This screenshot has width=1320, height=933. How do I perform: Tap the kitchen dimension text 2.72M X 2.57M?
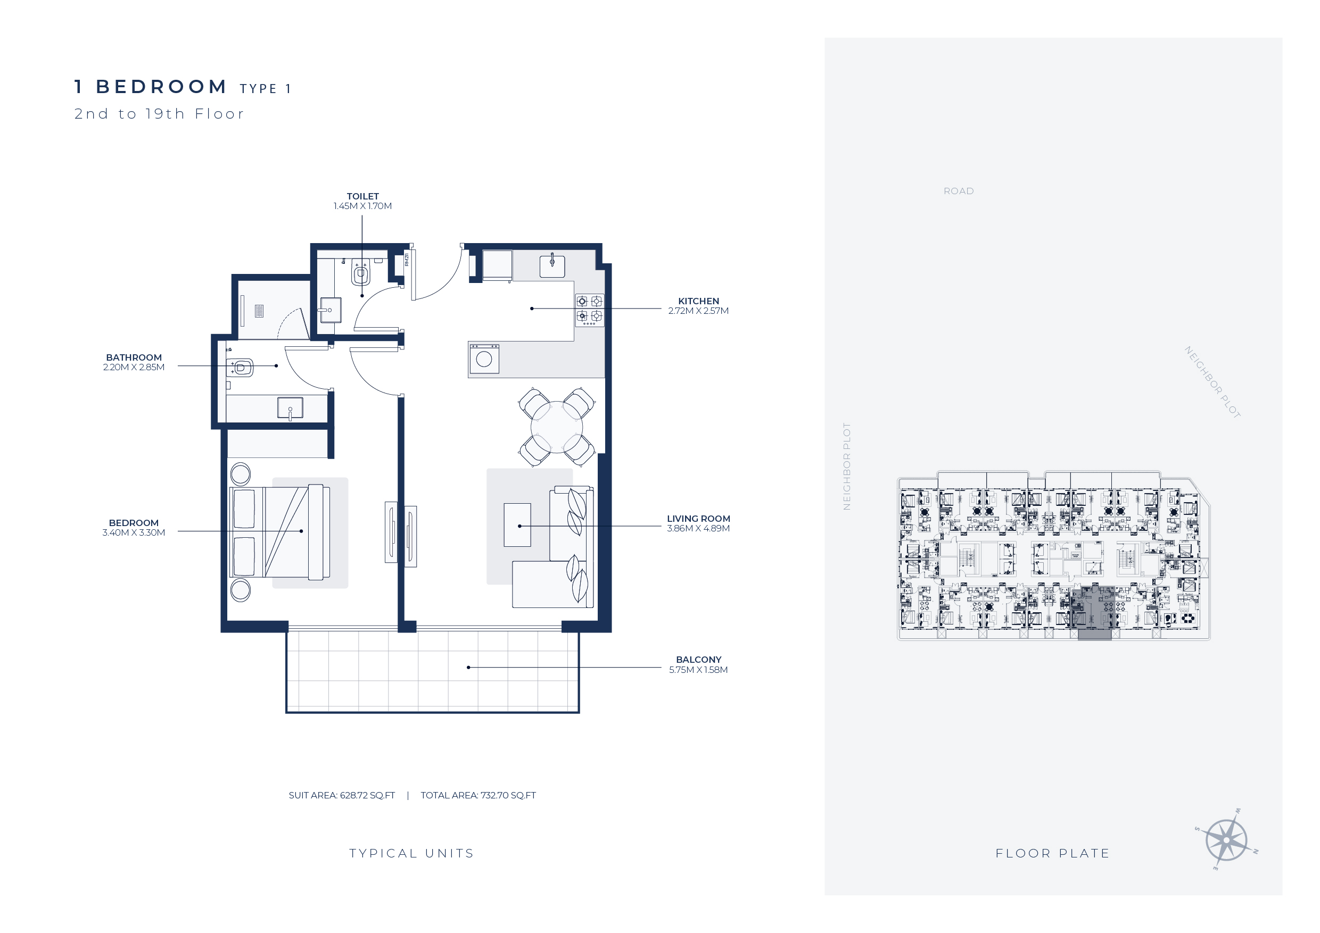point(698,311)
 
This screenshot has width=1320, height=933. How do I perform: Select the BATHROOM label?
point(134,357)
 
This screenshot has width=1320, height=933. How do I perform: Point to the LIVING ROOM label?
point(698,519)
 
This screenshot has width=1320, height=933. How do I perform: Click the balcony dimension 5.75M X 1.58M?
point(698,670)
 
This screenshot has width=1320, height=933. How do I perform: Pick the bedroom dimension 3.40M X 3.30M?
point(134,532)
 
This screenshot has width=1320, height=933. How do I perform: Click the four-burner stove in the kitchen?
point(589,310)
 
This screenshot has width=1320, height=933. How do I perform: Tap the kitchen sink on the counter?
point(552,266)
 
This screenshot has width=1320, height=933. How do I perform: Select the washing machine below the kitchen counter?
point(484,359)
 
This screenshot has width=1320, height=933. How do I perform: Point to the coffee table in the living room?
point(517,525)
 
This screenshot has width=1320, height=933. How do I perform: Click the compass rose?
point(1226,840)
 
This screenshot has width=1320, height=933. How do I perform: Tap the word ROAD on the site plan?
point(959,191)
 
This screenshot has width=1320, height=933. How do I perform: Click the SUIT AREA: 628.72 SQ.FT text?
point(342,796)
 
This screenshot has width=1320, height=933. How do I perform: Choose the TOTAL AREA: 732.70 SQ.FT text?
point(478,796)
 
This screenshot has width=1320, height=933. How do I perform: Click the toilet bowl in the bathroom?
point(241,368)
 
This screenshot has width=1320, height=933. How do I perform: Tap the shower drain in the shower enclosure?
point(259,311)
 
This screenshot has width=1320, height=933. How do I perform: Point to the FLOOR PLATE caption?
point(1053,854)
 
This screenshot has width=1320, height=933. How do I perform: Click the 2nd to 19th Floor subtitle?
point(159,114)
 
